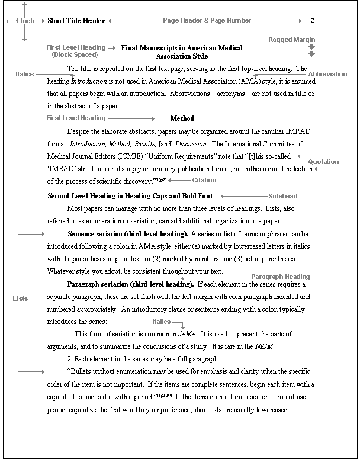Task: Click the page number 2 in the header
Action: tap(312, 21)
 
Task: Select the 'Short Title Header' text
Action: tap(76, 21)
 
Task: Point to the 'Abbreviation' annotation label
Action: tap(327, 74)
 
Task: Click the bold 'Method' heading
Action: tap(182, 118)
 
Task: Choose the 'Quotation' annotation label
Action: tap(323, 162)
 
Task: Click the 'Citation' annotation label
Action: tap(204, 180)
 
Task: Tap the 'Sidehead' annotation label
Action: tap(283, 196)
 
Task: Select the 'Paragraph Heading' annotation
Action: tap(280, 277)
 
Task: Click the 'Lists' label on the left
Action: tap(20, 298)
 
